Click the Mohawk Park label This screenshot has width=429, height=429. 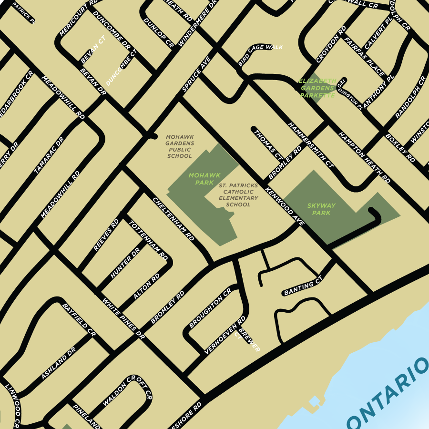point(201,179)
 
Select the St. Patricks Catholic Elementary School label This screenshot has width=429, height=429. point(238,194)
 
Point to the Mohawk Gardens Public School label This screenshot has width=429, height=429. point(180,146)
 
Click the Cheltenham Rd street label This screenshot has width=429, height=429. point(174,218)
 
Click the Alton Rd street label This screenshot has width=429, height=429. point(146,287)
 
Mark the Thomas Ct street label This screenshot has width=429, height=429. point(268,144)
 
